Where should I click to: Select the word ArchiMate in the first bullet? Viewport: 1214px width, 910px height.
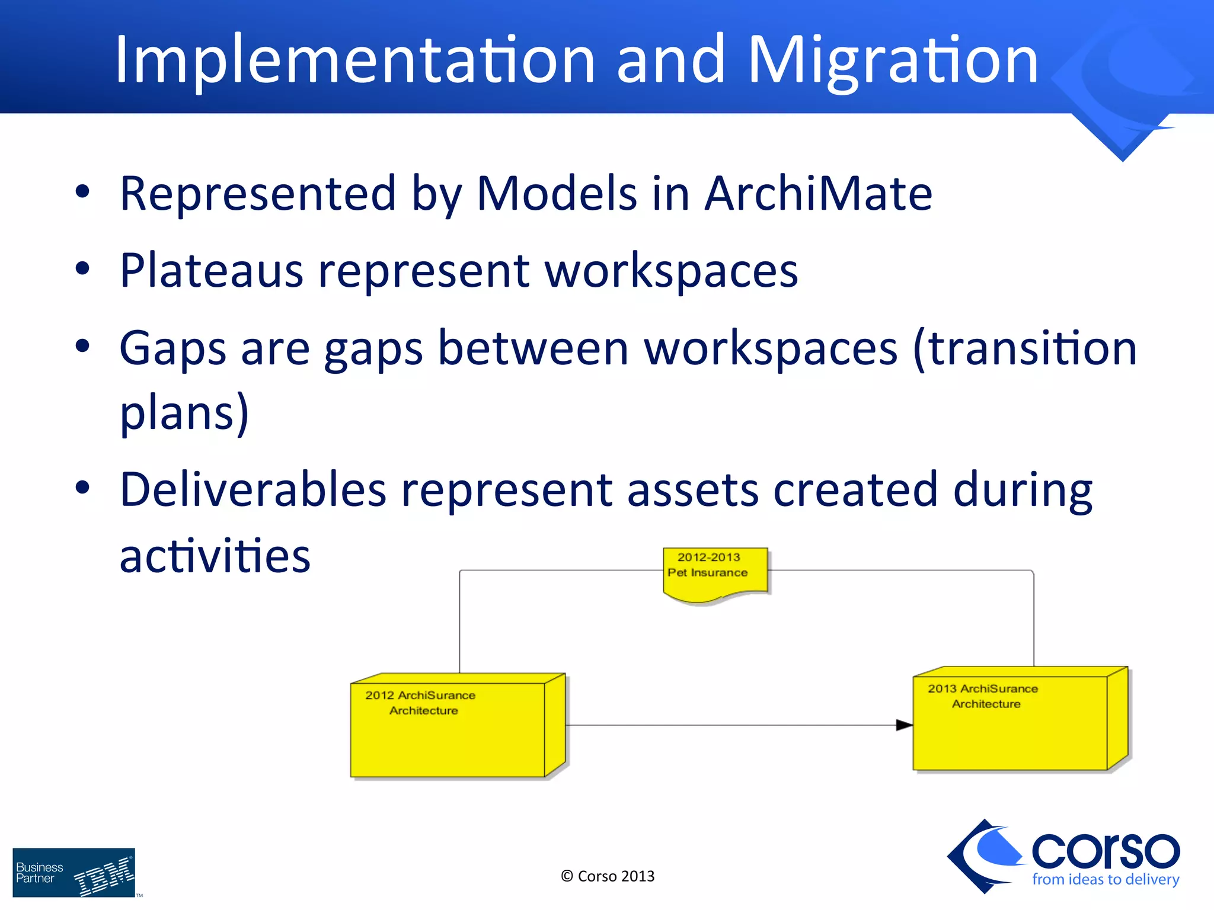(x=818, y=194)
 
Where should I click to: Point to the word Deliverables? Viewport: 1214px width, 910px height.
(x=253, y=490)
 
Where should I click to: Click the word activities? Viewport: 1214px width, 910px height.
(x=215, y=556)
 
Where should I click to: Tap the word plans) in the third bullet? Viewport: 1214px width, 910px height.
(x=184, y=412)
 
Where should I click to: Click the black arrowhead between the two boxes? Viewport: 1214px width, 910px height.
(x=903, y=725)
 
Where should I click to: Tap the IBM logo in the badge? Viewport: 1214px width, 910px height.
(x=104, y=876)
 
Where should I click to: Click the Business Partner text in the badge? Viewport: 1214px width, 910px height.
(x=39, y=873)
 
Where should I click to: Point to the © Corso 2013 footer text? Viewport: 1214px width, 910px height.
(x=608, y=876)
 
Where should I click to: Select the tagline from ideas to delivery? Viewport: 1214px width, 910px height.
(x=1105, y=880)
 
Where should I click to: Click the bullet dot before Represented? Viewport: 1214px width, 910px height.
(x=82, y=192)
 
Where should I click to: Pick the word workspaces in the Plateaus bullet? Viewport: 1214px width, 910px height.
(x=671, y=271)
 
